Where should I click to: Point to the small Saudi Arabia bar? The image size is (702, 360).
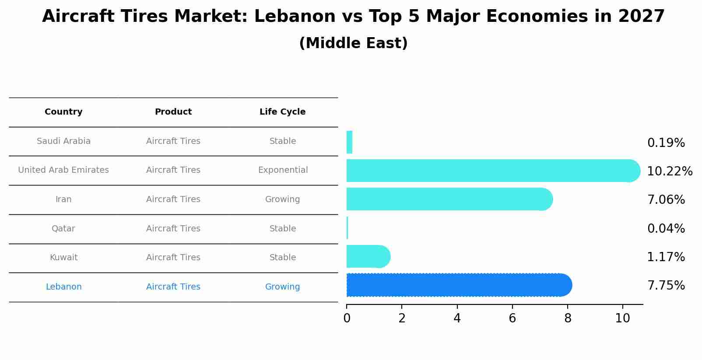[349, 142]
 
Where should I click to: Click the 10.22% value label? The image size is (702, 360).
[670, 171]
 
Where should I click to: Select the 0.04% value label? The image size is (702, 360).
[666, 228]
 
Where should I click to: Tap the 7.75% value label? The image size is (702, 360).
[666, 285]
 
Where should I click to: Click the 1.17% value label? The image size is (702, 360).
[666, 257]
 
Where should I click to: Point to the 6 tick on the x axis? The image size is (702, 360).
[512, 318]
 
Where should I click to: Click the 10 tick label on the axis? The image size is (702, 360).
[622, 318]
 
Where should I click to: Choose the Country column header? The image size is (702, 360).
[63, 112]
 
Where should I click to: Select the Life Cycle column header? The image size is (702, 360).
[282, 112]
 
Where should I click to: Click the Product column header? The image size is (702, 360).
[173, 112]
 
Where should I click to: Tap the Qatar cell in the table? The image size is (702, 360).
[63, 228]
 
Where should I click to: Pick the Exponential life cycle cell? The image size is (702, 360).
[283, 170]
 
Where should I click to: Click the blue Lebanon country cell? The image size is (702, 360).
[63, 287]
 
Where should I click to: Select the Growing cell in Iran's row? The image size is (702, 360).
[282, 199]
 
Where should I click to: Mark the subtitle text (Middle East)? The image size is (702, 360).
[353, 43]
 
